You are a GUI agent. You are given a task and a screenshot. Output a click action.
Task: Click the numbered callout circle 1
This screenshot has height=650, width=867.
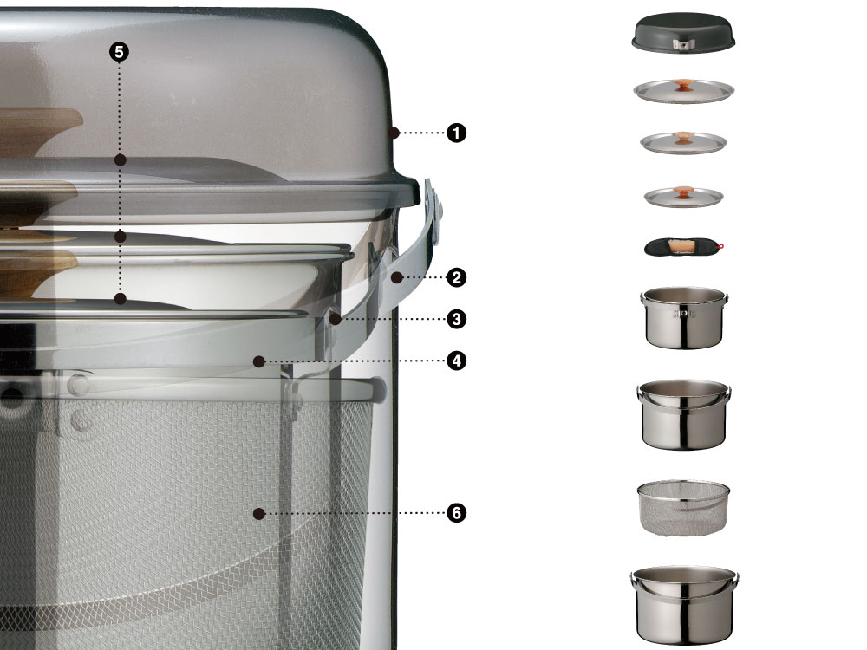pos(456,133)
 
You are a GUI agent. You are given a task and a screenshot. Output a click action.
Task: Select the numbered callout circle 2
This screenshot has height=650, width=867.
pos(456,277)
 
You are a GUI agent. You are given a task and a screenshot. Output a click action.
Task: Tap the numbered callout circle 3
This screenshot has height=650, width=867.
pos(456,319)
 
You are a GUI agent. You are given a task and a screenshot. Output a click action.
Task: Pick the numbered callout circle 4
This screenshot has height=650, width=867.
pos(456,361)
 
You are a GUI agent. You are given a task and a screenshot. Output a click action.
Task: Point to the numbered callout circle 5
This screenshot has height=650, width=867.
pos(119,52)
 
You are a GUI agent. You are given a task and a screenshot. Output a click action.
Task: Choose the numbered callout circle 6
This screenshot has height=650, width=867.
pos(456,513)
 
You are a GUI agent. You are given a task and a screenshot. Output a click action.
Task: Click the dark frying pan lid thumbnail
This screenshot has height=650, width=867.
pos(683,33)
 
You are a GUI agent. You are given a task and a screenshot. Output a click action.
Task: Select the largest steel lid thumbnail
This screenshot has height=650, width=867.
pos(683,91)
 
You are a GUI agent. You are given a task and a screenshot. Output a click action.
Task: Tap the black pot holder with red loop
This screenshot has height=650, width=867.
pos(684,246)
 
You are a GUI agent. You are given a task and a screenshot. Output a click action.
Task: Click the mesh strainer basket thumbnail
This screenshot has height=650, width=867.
pos(683,507)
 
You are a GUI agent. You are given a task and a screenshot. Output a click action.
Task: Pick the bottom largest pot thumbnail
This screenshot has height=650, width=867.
pos(684,605)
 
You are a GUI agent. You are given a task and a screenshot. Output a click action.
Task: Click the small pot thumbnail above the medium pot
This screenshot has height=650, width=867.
pos(684,317)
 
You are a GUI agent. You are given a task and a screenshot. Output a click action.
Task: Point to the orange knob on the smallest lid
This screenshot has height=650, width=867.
pos(684,192)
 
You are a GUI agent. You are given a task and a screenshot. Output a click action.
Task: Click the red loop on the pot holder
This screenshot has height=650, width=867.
pos(721,246)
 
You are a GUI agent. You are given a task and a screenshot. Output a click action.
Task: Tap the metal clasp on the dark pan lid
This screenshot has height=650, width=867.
pos(679,45)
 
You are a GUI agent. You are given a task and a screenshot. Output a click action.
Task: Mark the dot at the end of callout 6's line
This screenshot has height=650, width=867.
pos(258,513)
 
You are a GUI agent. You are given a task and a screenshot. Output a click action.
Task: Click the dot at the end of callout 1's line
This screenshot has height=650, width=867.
pos(394,133)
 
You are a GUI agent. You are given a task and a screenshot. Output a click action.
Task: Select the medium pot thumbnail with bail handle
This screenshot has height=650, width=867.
pos(684,414)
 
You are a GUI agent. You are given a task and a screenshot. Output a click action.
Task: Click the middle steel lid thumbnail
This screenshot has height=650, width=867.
pos(683,143)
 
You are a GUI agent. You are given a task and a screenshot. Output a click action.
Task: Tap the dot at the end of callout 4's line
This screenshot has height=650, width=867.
pos(258,361)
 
